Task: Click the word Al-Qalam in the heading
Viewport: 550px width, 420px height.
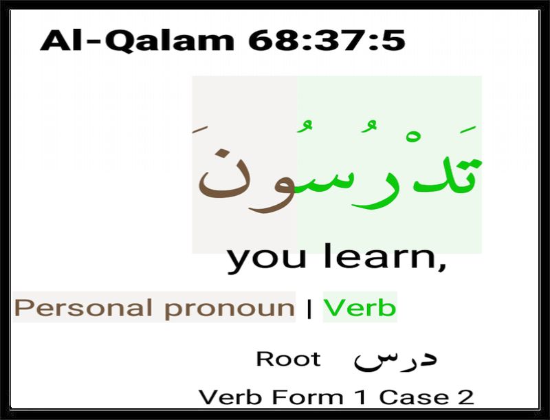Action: [137, 41]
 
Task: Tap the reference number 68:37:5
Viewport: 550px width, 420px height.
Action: [327, 41]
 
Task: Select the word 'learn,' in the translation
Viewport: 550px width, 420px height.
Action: [384, 256]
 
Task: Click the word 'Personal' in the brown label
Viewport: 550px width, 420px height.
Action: [83, 308]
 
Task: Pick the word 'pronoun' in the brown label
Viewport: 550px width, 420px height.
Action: [230, 309]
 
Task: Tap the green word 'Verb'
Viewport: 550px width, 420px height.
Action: [360, 307]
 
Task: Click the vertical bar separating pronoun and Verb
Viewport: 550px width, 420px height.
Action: [309, 308]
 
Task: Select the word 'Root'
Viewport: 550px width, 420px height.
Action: [288, 359]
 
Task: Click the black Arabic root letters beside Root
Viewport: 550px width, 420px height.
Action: [395, 360]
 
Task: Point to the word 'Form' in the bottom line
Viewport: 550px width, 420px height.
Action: [307, 397]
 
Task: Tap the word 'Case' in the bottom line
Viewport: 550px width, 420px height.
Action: [414, 397]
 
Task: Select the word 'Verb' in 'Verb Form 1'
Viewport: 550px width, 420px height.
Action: [230, 397]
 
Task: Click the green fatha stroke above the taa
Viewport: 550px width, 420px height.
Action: [468, 129]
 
